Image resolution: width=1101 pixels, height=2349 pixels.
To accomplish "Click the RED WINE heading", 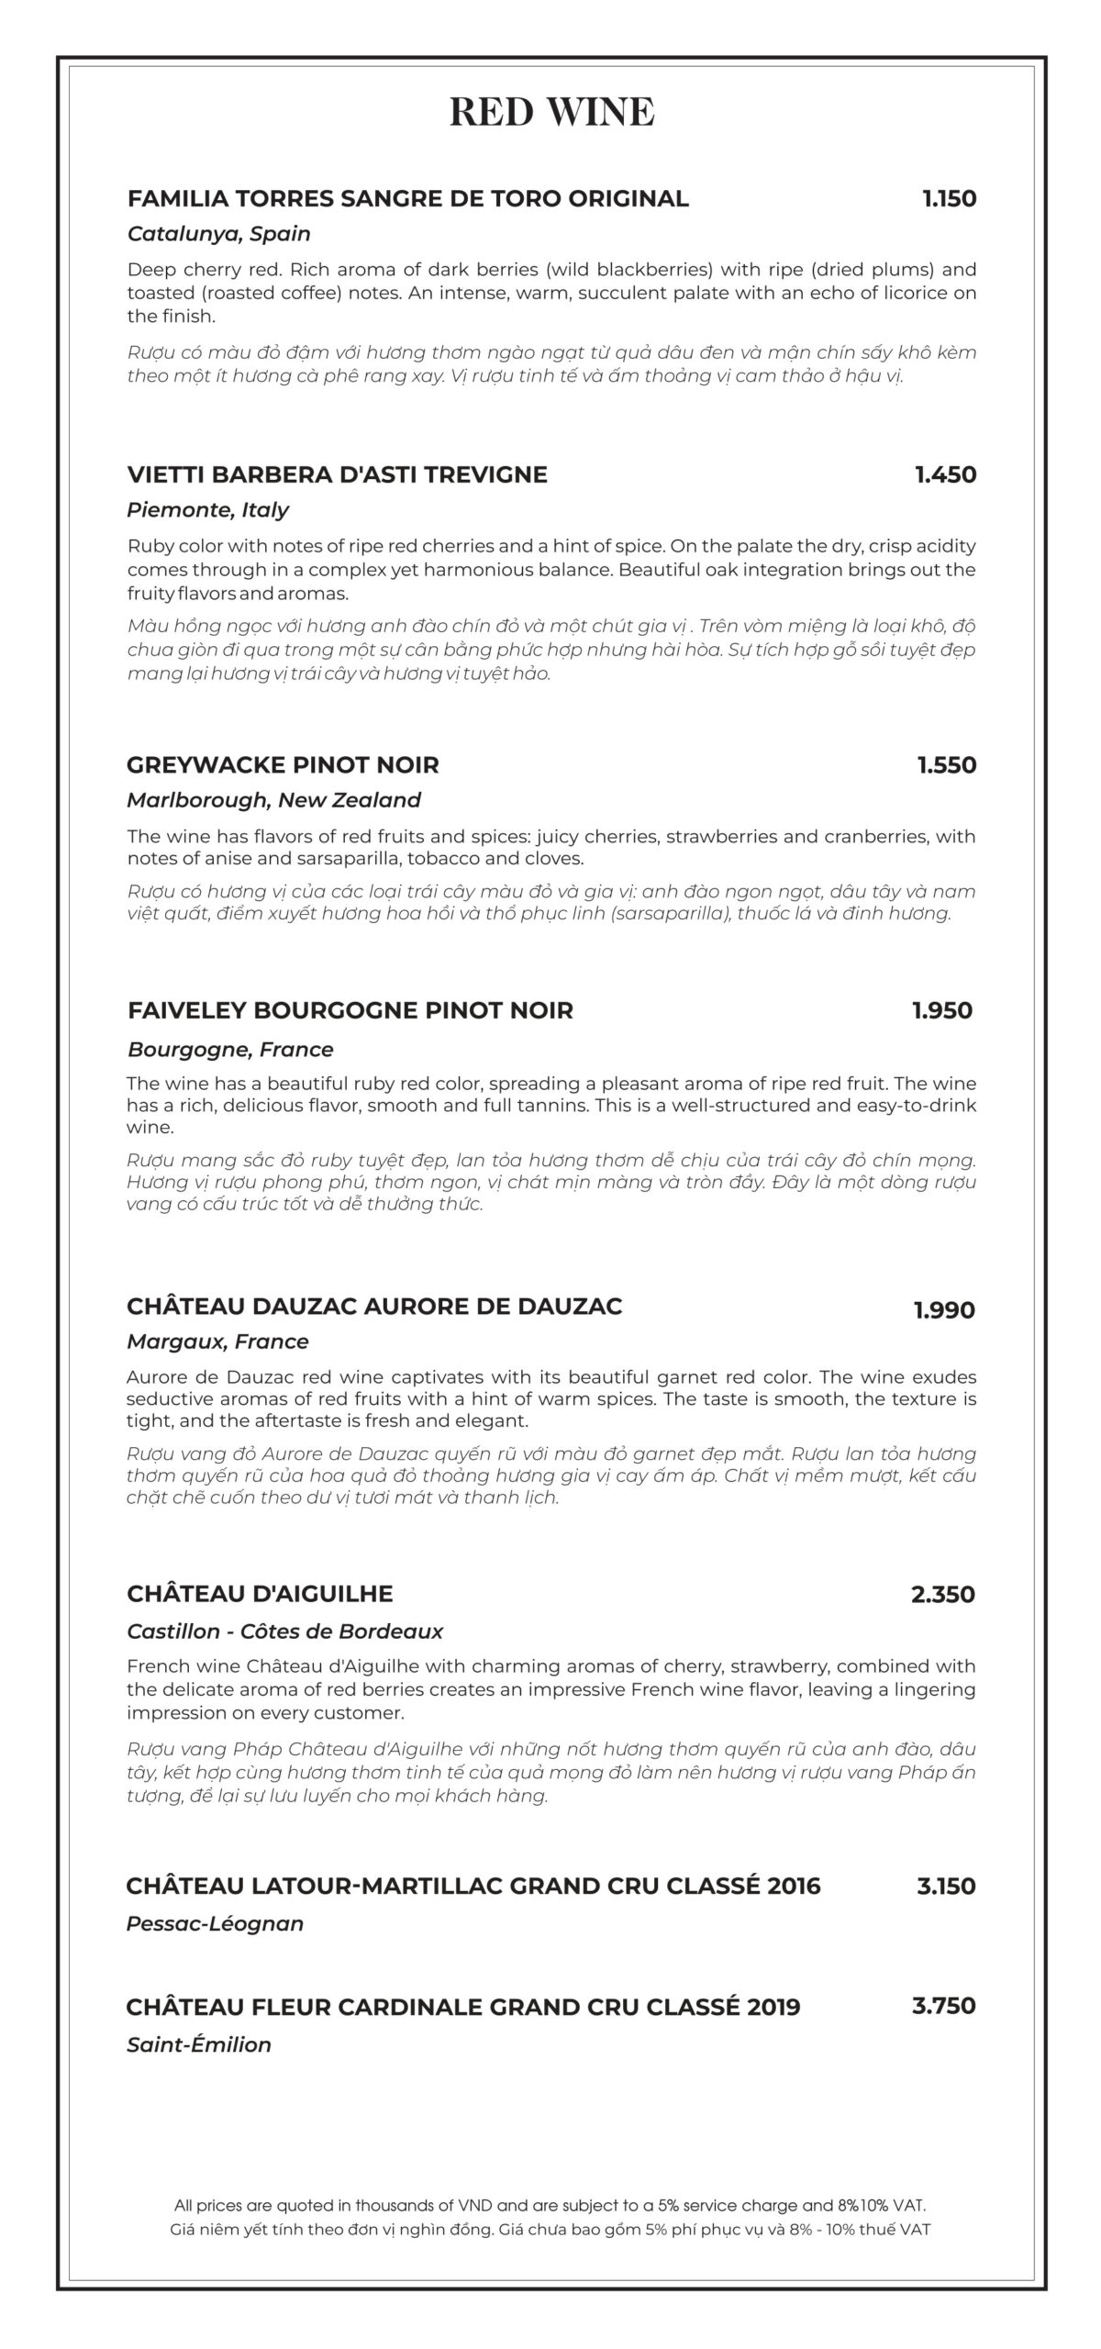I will pos(551,112).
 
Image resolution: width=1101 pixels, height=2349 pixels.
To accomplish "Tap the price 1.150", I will pos(949,198).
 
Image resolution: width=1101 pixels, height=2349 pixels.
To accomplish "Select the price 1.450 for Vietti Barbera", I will pos(945,474).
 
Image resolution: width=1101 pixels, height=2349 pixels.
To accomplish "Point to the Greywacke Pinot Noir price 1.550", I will pos(946,764).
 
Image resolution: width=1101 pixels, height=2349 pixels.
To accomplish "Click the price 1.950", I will pos(941,1010).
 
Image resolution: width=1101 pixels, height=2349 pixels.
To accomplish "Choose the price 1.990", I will pos(943,1309).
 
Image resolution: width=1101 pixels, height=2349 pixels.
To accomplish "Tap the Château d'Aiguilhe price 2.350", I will pos(942,1594).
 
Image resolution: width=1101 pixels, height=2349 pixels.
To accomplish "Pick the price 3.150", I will pos(946,1887).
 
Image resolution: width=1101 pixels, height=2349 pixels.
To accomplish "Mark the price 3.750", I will pos(943,2006).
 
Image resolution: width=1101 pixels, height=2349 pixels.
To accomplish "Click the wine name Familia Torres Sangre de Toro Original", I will pos(407,198).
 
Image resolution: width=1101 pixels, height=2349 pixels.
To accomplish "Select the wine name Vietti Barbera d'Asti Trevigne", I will pos(337,474).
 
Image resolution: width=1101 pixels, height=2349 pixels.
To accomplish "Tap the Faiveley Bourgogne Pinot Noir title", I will pos(350,1010).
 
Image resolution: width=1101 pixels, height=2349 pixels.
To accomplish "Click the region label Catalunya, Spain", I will pos(218,234).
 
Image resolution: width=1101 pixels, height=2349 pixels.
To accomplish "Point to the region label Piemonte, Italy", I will pos(207,510).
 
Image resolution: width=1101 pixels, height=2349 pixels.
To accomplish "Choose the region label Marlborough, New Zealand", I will pos(273,800).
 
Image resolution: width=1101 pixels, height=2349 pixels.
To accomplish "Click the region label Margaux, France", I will pos(217,1341).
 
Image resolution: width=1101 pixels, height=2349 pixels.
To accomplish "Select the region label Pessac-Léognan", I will pos(215,1923).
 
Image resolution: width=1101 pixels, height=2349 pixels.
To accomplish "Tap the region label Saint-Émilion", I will pos(199,2044).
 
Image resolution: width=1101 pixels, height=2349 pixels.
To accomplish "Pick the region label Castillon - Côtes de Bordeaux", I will pos(284,1631).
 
